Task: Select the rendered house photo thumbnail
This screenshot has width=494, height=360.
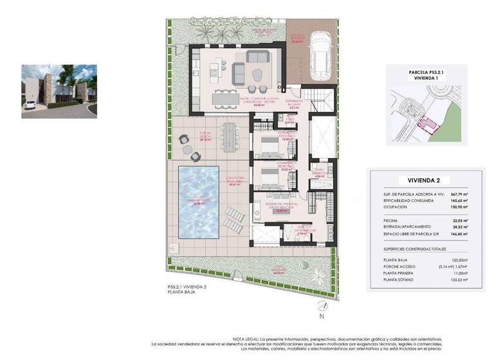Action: (59, 91)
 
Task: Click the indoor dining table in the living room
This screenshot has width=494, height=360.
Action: (227, 100)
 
